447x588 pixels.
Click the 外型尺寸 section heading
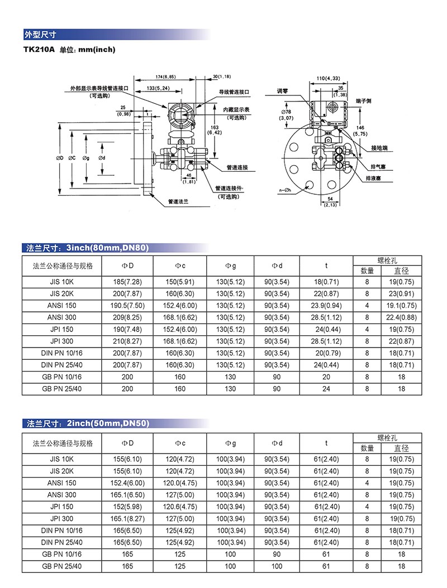click(x=40, y=34)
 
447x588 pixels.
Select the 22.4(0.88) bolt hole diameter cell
click(x=401, y=317)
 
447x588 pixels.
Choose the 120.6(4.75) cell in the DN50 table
click(x=180, y=507)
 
